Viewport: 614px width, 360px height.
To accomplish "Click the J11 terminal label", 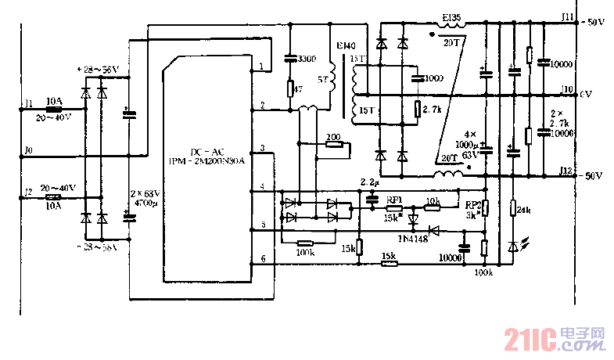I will pyautogui.click(x=568, y=15).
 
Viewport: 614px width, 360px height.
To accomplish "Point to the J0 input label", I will pyautogui.click(x=28, y=149).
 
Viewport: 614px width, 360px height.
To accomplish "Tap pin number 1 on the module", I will pyautogui.click(x=262, y=69).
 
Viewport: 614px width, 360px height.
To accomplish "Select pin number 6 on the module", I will pyautogui.click(x=263, y=258).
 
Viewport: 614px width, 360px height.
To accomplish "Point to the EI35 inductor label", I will pyautogui.click(x=451, y=16).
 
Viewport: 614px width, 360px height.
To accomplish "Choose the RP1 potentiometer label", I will pyautogui.click(x=394, y=200).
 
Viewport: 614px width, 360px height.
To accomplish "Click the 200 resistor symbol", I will pyautogui.click(x=333, y=145).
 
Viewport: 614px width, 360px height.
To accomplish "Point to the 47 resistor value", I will pyautogui.click(x=296, y=89).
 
